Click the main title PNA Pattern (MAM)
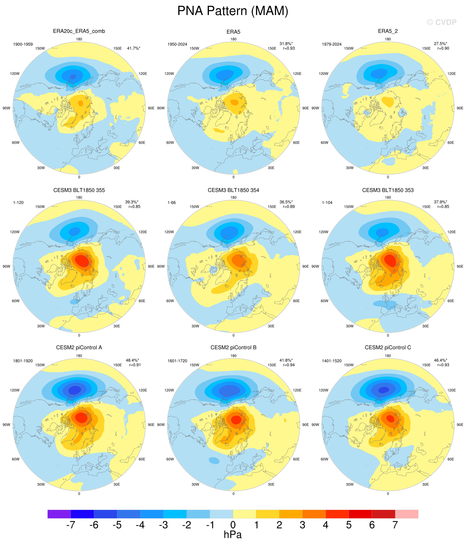coord(233,11)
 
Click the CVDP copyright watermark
coord(442,22)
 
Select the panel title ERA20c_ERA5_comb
coord(79,31)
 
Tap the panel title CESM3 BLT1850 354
coord(233,190)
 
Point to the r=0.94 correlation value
coord(289,365)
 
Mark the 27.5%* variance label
coord(441,44)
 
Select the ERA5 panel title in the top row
coord(233,32)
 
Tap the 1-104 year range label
coord(327,203)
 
